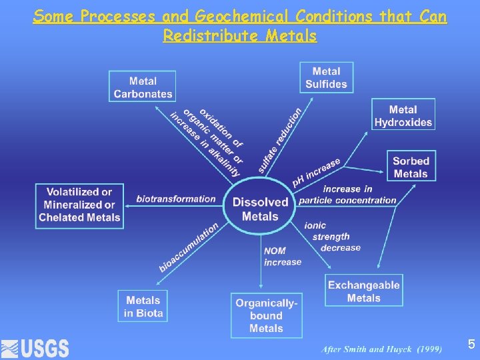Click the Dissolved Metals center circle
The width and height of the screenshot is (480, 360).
(260, 209)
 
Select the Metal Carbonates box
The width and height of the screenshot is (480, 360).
(143, 87)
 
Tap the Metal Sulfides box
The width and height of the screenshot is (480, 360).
(326, 77)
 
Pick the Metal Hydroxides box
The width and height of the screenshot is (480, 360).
(403, 115)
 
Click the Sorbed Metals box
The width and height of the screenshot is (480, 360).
(411, 167)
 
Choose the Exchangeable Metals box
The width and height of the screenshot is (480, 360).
(364, 291)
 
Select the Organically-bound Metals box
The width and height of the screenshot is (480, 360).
(266, 315)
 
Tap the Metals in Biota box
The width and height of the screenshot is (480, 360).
(143, 307)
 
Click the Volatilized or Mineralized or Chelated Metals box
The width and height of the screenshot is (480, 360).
(79, 205)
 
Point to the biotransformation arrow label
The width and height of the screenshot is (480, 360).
(176, 199)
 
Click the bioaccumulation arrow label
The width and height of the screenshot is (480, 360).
(189, 247)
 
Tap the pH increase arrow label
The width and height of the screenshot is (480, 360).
(317, 171)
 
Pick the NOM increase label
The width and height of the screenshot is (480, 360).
(283, 257)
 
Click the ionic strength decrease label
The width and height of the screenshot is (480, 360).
(331, 237)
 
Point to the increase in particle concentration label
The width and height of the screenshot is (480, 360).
(347, 195)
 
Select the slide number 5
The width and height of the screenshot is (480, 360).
(471, 344)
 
